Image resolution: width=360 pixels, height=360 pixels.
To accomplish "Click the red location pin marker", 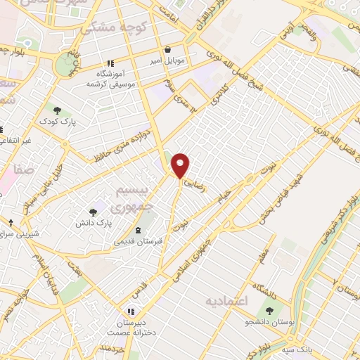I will click(181, 165).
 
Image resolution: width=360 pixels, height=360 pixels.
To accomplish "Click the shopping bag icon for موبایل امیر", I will click(169, 51).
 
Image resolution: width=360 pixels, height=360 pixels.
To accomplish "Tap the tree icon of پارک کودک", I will click(58, 110).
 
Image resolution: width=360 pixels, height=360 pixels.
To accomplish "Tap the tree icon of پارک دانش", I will click(94, 212).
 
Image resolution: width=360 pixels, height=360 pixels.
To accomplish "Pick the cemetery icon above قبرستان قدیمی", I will click(139, 229).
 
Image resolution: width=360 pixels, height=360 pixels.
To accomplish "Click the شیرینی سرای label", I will click(22, 233).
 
